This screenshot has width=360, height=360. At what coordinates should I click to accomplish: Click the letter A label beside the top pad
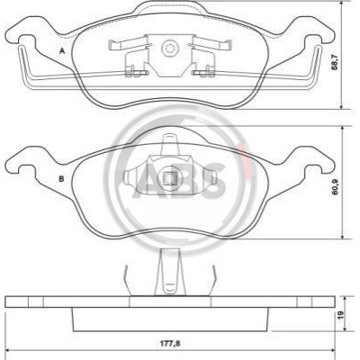pos(62,50)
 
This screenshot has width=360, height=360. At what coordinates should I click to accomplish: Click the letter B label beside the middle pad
pos(61,179)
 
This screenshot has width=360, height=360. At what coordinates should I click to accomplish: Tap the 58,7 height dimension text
pos(335,62)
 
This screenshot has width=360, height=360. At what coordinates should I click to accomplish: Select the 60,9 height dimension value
pos(335,187)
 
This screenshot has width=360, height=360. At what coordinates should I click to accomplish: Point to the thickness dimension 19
pos(341,314)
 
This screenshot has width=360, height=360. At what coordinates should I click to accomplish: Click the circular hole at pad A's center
pos(169,48)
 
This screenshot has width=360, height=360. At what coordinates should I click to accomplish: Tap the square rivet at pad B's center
pos(169,179)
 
